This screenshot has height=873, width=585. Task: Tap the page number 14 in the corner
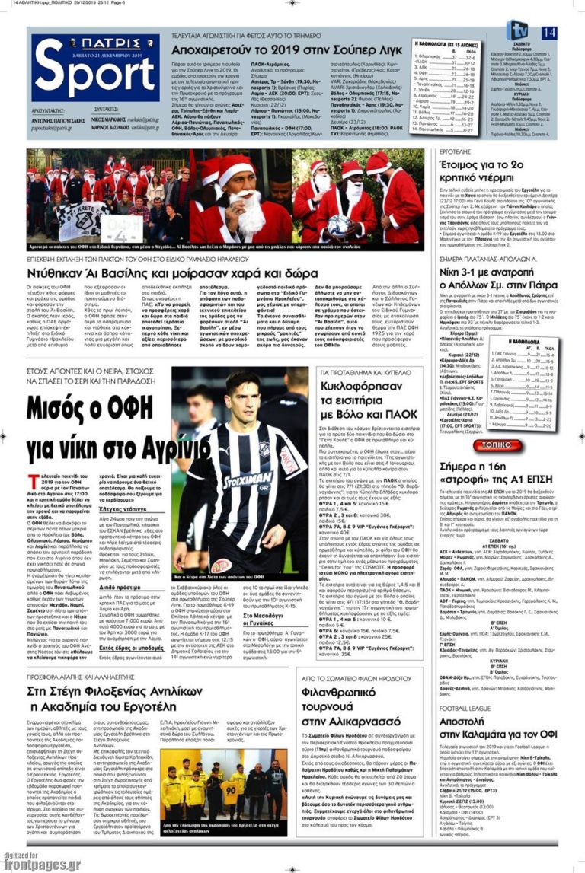(x=549, y=33)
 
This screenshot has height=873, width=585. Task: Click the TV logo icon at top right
(x=518, y=30)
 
